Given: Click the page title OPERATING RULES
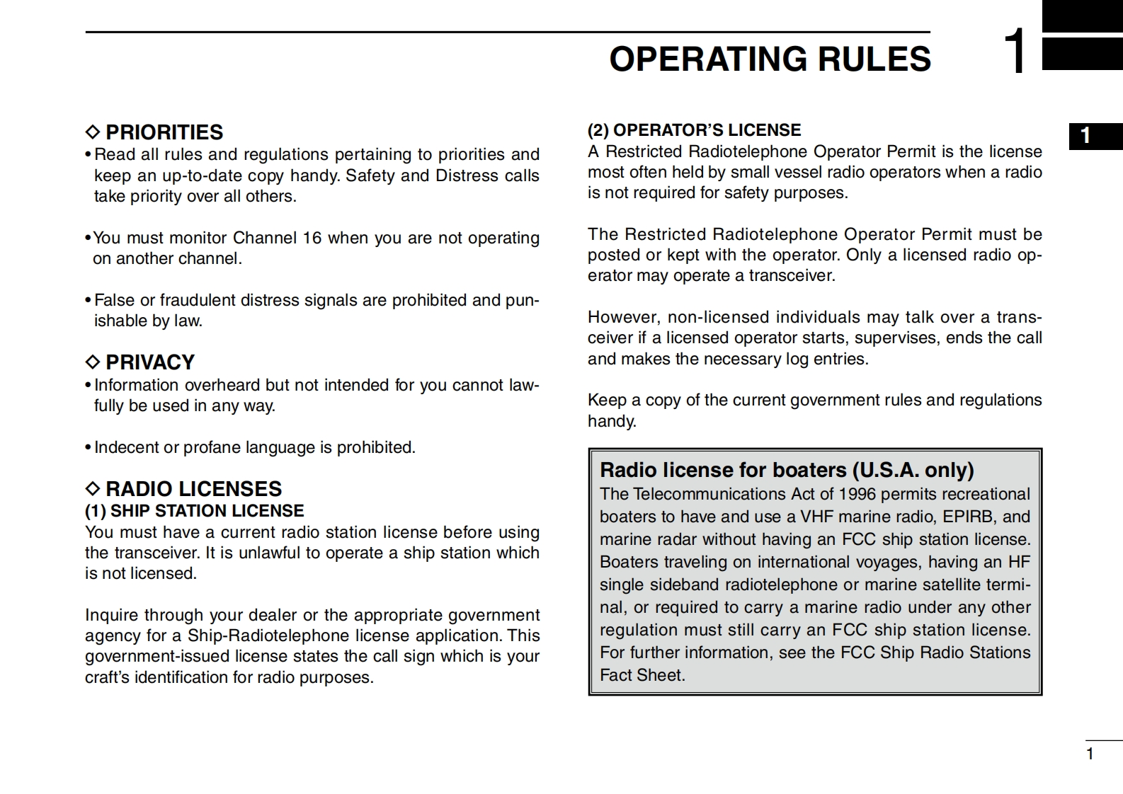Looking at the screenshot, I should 770,59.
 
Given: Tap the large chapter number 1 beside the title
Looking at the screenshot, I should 1015,52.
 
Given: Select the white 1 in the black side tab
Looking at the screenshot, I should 1085,136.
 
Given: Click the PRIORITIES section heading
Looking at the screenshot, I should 164,132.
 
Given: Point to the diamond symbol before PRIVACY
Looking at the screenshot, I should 93,362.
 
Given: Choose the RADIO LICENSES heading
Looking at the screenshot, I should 193,489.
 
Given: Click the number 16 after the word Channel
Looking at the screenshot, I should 312,238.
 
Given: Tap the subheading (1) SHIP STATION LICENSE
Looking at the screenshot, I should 194,511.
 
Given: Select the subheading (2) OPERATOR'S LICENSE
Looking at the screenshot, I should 694,130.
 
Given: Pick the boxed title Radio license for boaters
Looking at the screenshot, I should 787,470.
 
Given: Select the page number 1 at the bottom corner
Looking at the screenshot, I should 1090,754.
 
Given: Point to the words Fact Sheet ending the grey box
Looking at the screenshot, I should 642,675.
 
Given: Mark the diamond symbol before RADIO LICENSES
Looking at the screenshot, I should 93,489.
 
